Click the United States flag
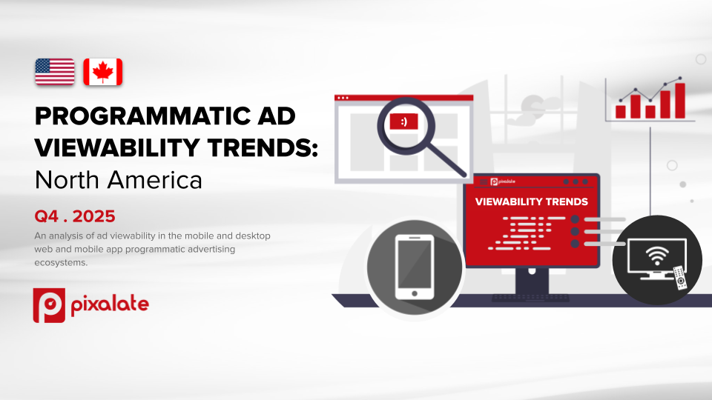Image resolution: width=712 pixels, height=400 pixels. point(54,72)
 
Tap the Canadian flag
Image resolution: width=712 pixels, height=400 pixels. point(102,72)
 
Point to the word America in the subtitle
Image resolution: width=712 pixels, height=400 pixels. point(154,180)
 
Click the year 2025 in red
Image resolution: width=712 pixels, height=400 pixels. point(93,216)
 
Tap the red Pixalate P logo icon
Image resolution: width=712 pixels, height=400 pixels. point(49,305)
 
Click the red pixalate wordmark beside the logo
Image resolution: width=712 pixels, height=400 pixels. point(110,304)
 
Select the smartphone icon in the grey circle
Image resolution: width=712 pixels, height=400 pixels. point(415,267)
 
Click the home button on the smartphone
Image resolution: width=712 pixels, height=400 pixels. point(415,293)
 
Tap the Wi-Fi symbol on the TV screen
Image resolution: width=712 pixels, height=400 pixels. point(656,256)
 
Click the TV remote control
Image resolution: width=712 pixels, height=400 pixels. point(680,278)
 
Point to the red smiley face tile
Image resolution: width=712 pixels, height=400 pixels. point(403,121)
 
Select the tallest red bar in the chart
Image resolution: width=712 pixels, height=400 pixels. point(680,101)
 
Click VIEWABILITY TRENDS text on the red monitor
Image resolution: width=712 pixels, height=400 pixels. point(532,201)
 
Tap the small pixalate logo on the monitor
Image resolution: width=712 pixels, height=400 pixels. point(503,182)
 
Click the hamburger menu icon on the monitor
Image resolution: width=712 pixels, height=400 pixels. point(484,182)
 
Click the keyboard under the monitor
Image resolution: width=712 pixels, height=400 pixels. point(531,298)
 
